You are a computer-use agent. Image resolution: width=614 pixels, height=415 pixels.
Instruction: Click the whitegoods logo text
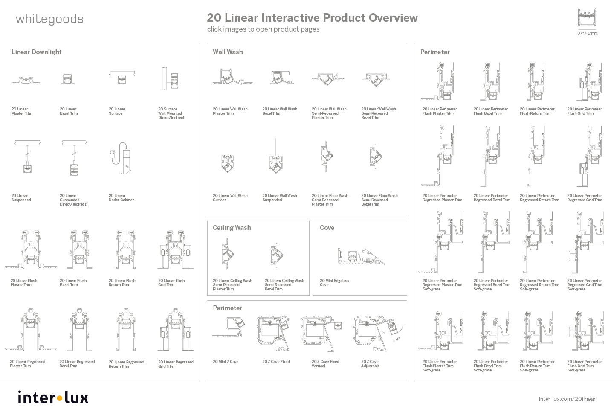point(49,20)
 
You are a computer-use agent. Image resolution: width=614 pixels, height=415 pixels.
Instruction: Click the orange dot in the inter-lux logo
point(59,398)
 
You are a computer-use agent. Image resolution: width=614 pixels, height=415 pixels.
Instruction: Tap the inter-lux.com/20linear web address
point(567,399)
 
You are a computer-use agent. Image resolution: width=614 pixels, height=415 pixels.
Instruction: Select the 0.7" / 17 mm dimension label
point(587,33)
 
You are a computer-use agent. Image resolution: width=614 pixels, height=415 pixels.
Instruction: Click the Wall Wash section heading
point(228,52)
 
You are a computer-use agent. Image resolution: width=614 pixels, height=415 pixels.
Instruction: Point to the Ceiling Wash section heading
point(232,227)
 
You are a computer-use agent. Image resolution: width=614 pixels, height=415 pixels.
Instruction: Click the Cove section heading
point(327,227)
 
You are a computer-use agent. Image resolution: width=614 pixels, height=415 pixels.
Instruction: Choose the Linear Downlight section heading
point(37,52)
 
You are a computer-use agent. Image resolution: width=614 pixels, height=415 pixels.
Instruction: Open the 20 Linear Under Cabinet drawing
point(121,158)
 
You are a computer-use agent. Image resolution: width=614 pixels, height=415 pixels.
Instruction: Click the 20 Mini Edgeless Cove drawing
point(361,257)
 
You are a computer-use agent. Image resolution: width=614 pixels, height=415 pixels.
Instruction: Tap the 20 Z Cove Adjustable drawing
point(378,334)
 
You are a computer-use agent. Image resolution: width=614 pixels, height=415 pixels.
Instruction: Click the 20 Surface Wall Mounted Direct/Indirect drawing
point(171,79)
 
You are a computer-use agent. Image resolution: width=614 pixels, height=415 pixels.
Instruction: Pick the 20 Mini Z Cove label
point(226,362)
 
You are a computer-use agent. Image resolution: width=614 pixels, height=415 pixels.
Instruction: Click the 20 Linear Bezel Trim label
point(69,111)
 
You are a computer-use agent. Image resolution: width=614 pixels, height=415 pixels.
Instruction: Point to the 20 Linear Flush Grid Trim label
point(171,283)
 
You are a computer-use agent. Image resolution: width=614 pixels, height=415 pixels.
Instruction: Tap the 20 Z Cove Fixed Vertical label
point(325,363)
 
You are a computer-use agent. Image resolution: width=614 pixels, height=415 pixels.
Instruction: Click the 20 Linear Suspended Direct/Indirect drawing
point(74,158)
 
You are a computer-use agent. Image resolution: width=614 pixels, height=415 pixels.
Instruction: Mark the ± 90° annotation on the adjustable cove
point(397,340)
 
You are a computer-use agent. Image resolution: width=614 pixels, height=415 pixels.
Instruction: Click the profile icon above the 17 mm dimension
point(587,17)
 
